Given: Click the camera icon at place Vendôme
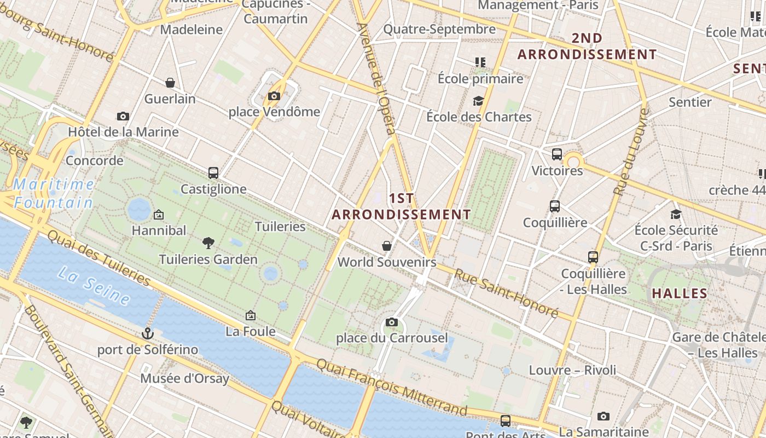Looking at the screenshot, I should (x=274, y=96).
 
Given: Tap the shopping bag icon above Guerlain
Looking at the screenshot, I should (x=170, y=83).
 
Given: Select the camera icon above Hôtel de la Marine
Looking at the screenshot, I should (x=123, y=116).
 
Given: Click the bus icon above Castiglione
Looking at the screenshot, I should (x=213, y=173).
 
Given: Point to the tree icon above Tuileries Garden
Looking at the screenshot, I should (x=208, y=243).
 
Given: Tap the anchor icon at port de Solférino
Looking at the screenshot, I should (x=147, y=333).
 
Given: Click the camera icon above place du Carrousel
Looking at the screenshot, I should (x=391, y=322).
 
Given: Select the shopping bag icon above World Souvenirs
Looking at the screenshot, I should (x=387, y=246).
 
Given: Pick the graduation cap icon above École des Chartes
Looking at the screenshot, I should (x=479, y=101).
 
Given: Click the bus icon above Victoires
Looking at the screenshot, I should (x=557, y=154).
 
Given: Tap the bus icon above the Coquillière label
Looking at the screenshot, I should (x=555, y=206).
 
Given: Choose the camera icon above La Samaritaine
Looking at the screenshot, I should (x=603, y=416).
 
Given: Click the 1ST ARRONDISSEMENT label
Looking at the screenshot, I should (x=402, y=206).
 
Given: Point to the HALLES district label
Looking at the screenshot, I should (x=680, y=293).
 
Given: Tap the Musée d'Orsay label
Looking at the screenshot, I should (x=185, y=378).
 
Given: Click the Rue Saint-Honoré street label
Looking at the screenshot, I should (x=507, y=293).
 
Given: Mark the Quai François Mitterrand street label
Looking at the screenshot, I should (x=392, y=387).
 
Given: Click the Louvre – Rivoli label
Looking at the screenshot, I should (x=572, y=370).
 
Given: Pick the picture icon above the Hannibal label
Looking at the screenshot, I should (x=159, y=215).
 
